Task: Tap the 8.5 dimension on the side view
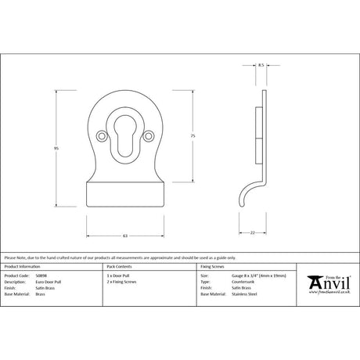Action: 260,67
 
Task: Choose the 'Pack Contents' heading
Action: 118,267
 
